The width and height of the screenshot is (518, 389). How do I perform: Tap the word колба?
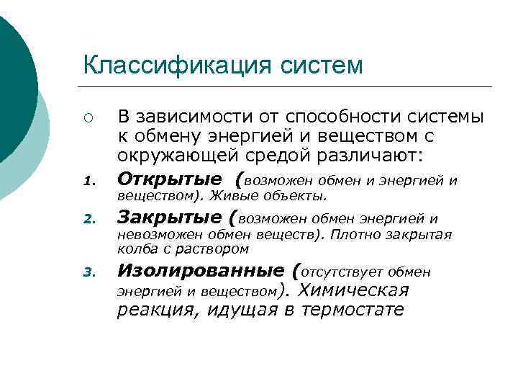(x=134, y=249)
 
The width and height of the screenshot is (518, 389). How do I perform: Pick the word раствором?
(x=217, y=249)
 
